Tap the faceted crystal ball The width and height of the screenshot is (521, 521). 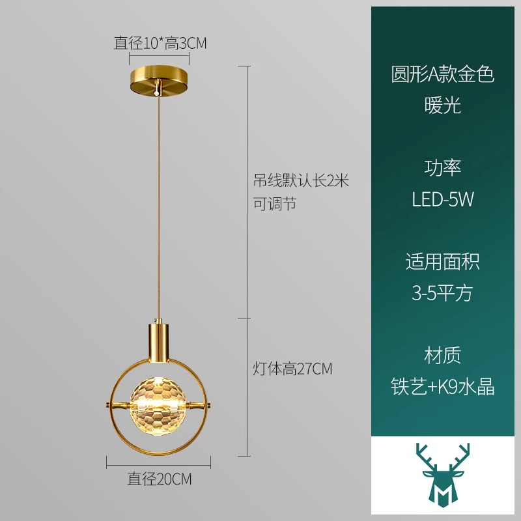tap(158, 406)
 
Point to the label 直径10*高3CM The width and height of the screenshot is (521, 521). tap(160, 43)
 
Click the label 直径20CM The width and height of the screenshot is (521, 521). tap(160, 479)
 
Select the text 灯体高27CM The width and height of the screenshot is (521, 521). tap(292, 369)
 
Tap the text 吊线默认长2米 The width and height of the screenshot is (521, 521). tap(301, 181)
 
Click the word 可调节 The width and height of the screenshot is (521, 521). tap(274, 203)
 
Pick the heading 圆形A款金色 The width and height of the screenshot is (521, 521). tap(443, 74)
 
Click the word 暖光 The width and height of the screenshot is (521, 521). tap(443, 105)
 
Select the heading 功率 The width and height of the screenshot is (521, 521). tap(443, 167)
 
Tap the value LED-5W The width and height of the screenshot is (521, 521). tap(443, 199)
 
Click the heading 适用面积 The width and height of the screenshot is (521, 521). tap(443, 262)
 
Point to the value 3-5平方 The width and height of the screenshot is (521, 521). tap(442, 292)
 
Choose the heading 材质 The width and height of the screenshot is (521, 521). tap(443, 355)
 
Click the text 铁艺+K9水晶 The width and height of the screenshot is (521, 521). tap(443, 386)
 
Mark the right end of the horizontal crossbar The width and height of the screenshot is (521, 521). tap(210, 405)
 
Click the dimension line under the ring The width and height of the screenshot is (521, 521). tap(158, 462)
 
